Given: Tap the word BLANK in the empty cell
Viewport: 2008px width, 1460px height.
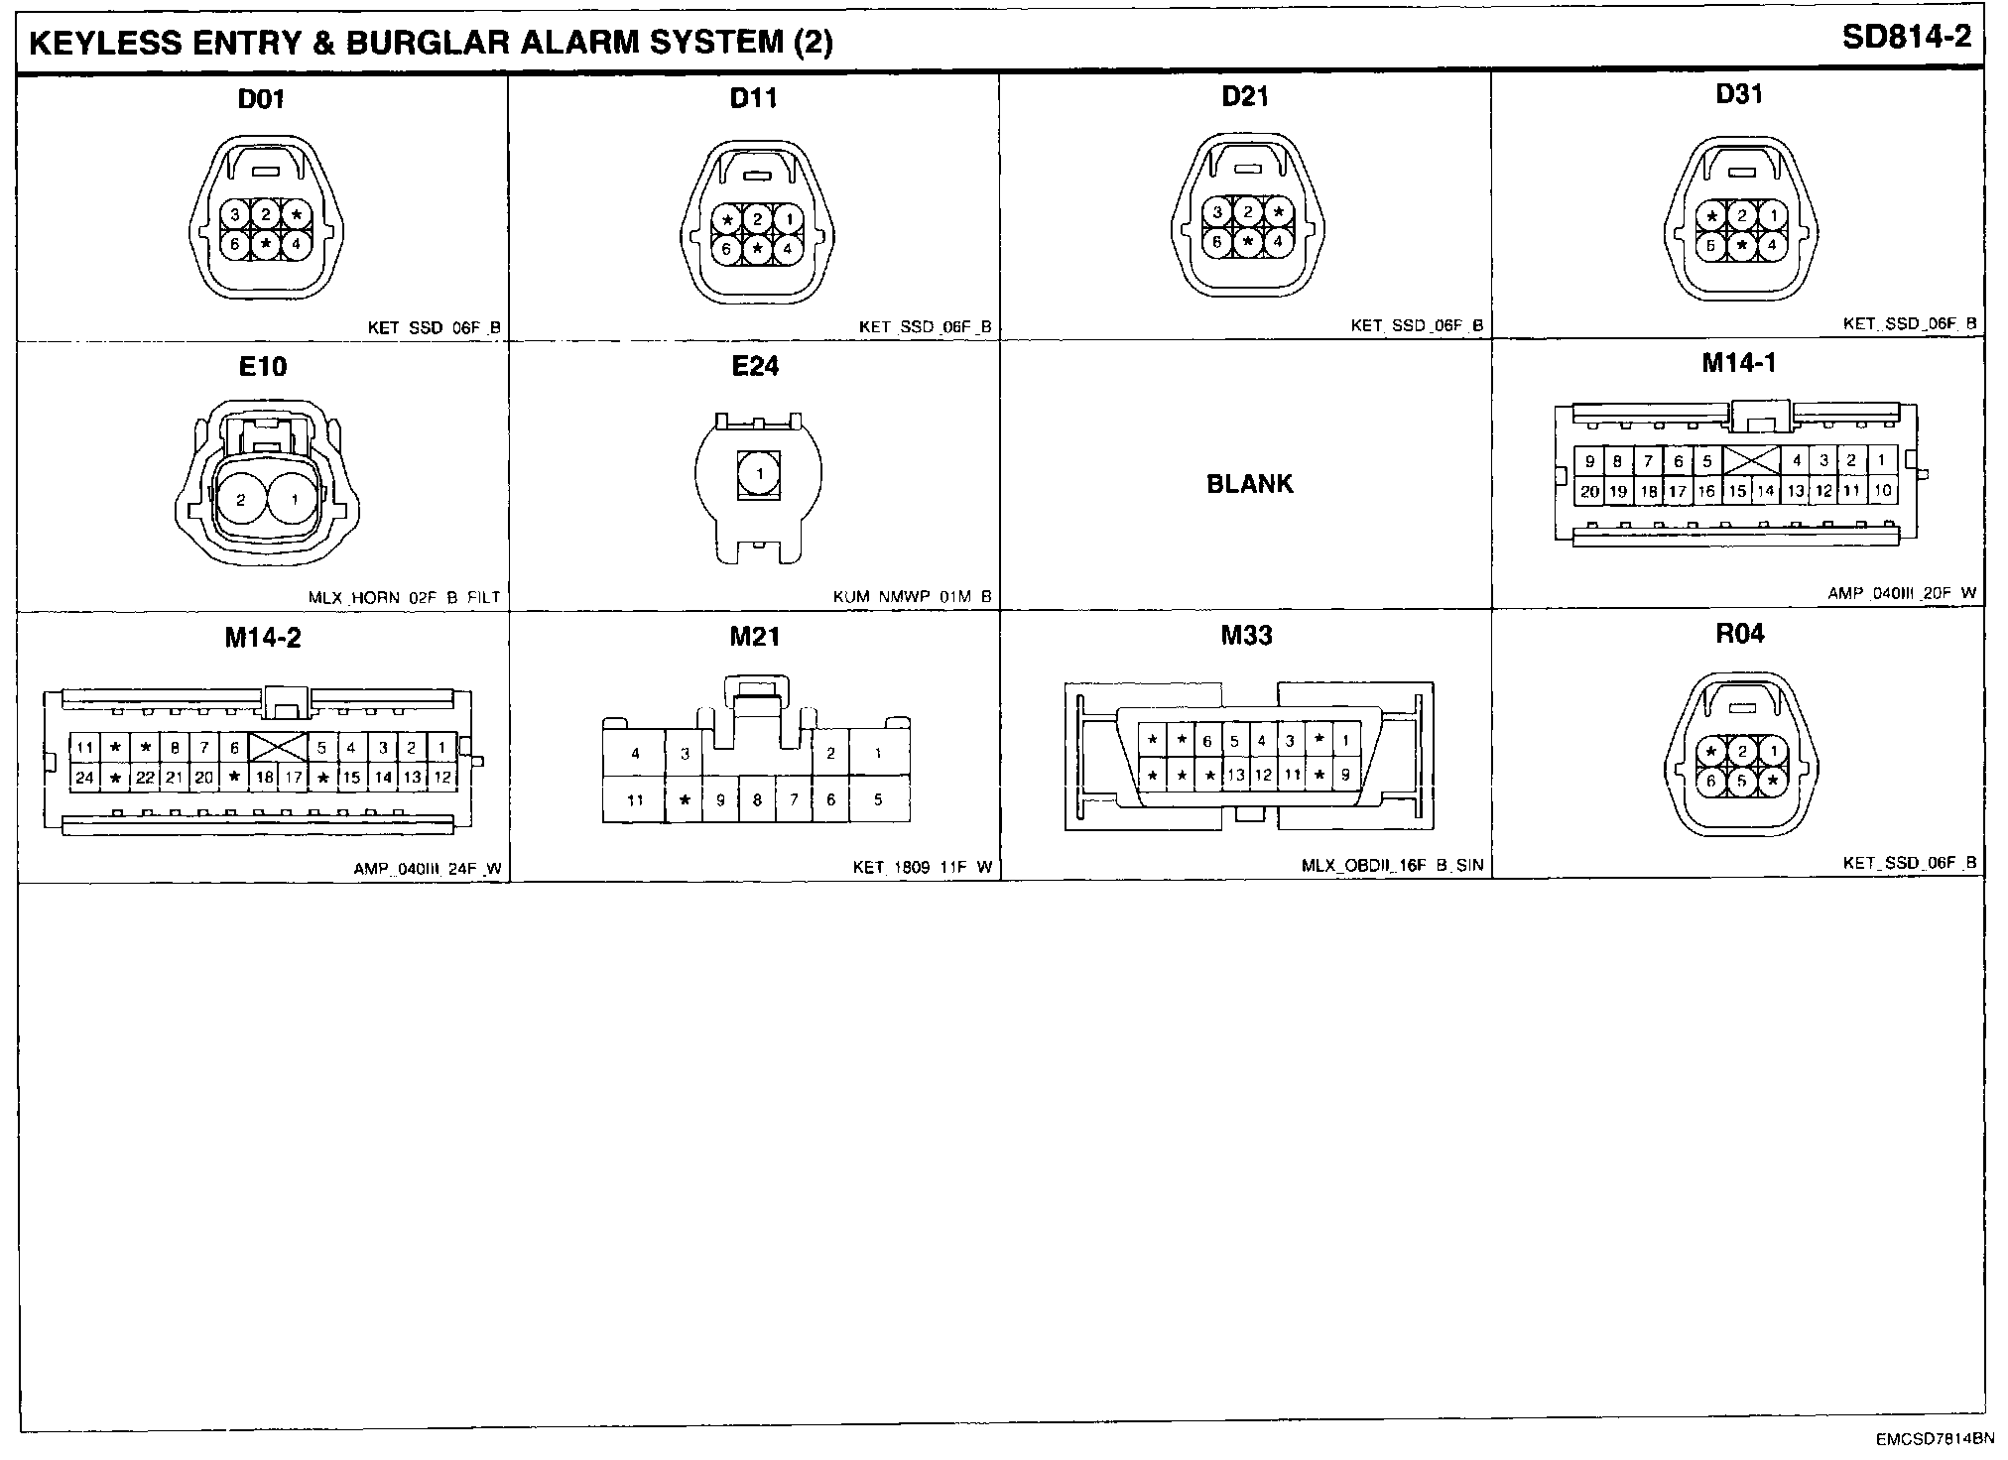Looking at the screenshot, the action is (1249, 484).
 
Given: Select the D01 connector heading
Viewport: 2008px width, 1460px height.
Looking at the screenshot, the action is (262, 98).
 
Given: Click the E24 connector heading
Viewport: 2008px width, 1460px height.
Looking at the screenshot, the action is (755, 367).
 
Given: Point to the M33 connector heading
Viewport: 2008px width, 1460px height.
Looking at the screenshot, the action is (1246, 636).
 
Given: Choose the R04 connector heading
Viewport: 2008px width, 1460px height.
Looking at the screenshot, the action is (1739, 634).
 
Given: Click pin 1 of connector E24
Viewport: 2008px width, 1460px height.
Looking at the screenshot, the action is (759, 474).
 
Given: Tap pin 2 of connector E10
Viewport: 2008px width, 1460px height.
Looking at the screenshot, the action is (240, 501).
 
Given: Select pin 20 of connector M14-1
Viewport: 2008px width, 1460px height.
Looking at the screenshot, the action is (1589, 491).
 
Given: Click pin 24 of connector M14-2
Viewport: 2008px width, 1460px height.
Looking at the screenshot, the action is (84, 778).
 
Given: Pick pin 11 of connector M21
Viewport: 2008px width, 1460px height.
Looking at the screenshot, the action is (635, 799).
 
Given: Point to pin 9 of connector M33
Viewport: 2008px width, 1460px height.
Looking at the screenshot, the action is (1345, 775).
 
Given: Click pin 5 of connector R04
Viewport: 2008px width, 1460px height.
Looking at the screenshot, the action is (1742, 781).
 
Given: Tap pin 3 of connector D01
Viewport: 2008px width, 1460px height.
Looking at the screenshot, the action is (235, 214).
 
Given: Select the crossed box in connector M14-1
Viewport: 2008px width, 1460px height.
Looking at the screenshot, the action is (1750, 460).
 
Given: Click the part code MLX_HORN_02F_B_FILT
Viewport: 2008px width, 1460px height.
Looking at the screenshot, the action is (404, 597).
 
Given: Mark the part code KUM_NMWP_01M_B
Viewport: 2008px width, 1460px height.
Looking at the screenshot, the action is (912, 597).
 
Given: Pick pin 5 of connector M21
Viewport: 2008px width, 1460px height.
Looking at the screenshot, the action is (878, 799).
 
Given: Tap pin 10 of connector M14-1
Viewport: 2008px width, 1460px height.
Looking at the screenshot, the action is (1882, 491).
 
